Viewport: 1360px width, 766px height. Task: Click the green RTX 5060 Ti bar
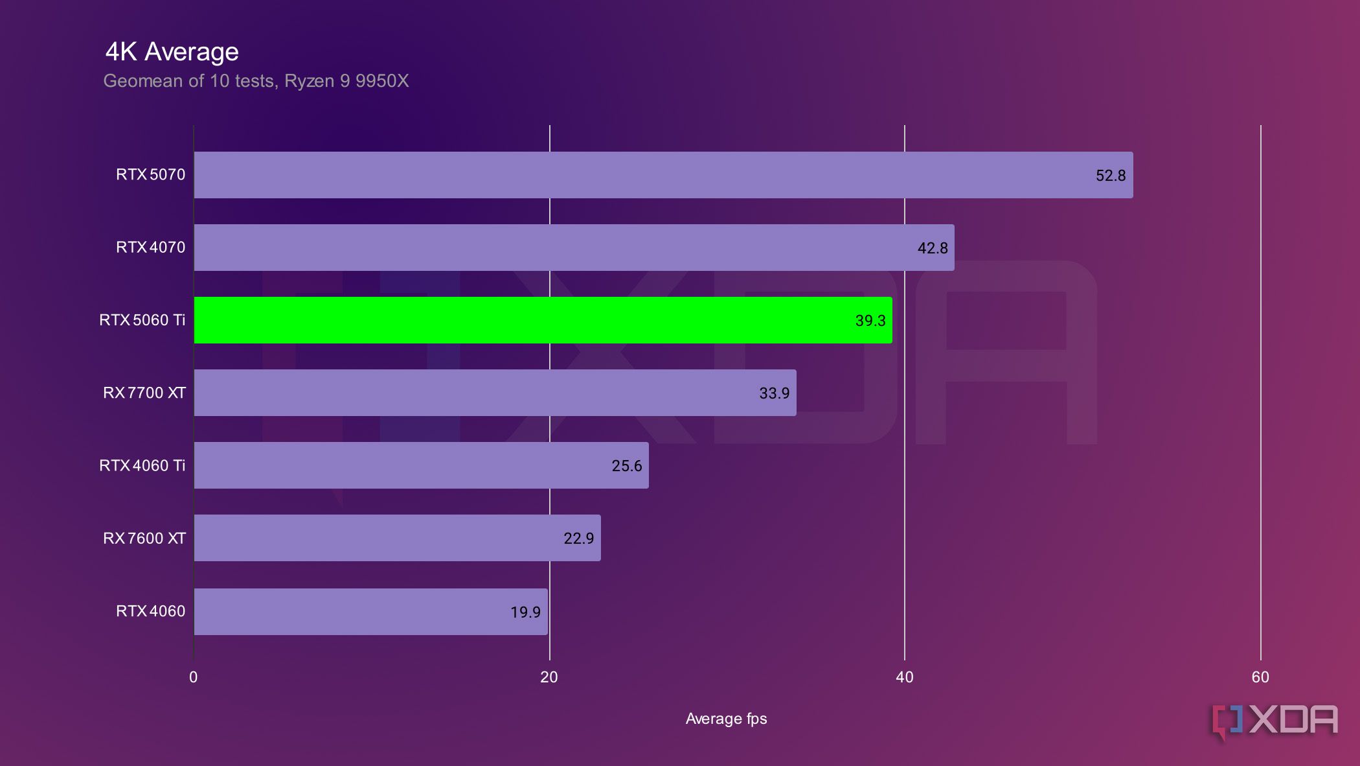(543, 320)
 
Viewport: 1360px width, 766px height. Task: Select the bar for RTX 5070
(663, 175)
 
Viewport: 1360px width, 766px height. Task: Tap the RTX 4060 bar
(370, 611)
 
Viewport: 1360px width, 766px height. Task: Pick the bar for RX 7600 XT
(397, 538)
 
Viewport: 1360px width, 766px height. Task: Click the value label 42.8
(932, 248)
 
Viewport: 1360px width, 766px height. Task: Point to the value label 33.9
(774, 393)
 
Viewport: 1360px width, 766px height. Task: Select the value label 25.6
(626, 466)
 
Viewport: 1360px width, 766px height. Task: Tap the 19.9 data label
(525, 612)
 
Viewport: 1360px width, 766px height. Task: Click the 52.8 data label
(1110, 176)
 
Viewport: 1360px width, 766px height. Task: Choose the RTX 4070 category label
(150, 248)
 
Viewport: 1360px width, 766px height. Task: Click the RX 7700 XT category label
(144, 393)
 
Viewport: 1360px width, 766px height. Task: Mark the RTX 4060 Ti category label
(142, 465)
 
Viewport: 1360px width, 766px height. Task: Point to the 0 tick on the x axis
(193, 677)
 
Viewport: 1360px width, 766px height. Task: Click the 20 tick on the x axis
(549, 677)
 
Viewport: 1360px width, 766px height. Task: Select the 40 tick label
(904, 677)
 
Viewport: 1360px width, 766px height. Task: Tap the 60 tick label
(1260, 677)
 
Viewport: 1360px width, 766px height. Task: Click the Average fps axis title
(726, 719)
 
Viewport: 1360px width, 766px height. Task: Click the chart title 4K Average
(172, 52)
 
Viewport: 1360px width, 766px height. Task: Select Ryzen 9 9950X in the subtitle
(346, 81)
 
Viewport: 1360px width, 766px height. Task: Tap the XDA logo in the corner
(1275, 721)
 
